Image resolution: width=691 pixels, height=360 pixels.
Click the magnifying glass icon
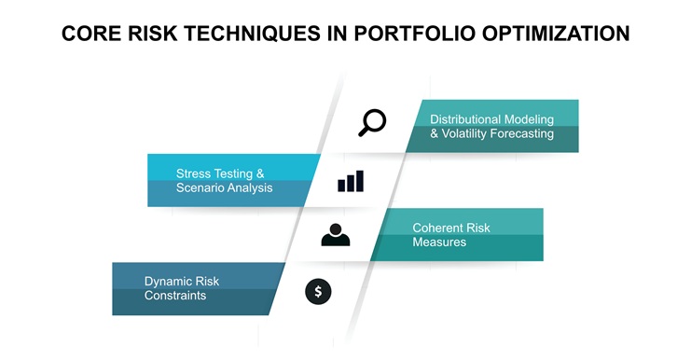371,123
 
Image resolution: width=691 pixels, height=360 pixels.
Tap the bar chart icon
351,181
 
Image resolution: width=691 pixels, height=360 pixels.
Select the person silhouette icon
336,235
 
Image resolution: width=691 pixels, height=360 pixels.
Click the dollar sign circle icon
318,292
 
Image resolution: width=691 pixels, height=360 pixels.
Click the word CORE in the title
91,34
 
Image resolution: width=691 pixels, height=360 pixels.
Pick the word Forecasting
523,134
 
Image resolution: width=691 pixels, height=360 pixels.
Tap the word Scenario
200,188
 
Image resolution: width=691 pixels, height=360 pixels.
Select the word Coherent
438,228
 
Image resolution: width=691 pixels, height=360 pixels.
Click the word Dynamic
169,281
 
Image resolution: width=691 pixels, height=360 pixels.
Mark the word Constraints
175,296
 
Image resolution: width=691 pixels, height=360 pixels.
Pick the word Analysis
251,188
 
